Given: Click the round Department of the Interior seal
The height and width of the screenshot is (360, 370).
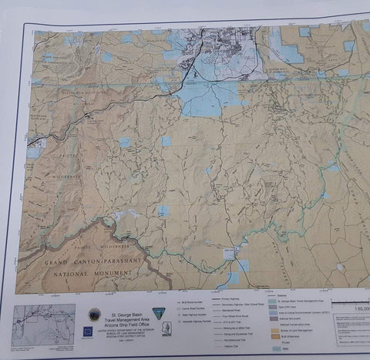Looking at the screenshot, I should click(94, 315).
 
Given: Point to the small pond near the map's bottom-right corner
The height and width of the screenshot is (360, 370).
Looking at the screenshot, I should click(340, 267).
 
